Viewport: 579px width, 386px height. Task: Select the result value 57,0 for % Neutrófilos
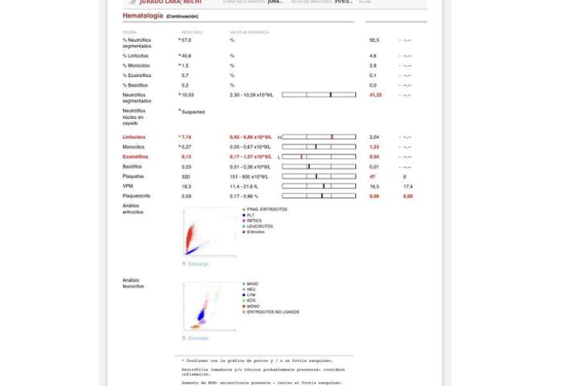coord(186,39)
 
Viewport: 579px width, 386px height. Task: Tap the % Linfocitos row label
coord(135,55)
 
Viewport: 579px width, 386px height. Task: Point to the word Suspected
coord(194,112)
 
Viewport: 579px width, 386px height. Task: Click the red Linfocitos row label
coord(134,137)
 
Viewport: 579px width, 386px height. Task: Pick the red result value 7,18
coord(186,137)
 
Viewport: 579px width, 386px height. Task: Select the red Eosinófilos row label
coord(136,156)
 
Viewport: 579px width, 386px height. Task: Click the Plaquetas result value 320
coord(186,176)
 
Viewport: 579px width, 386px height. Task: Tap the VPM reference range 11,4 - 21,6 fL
coord(247,186)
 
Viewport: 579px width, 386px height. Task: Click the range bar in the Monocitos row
coord(319,147)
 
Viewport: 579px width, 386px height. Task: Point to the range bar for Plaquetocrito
coord(319,195)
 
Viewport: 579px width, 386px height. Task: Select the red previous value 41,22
coord(375,95)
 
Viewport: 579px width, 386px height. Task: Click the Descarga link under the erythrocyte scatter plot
coord(198,264)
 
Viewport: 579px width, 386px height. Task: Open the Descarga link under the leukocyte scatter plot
coord(198,338)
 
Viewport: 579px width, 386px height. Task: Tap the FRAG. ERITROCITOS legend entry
coord(267,209)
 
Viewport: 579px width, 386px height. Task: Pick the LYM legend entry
coord(253,294)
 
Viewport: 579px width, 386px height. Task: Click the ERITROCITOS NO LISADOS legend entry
coord(273,311)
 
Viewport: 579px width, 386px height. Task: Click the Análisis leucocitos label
coord(133,283)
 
